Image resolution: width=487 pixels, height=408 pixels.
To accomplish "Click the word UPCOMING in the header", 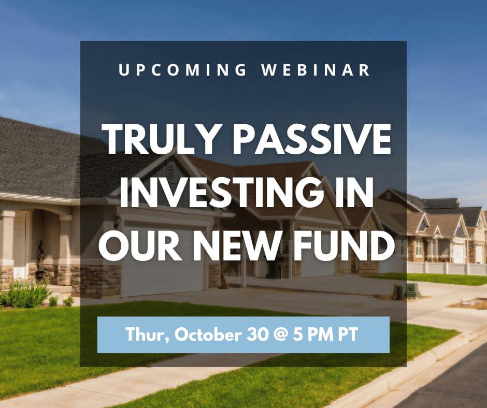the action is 182,69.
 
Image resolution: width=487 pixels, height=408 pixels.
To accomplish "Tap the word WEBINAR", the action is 316,69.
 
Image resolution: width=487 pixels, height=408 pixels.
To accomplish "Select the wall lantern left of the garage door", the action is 118,222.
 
